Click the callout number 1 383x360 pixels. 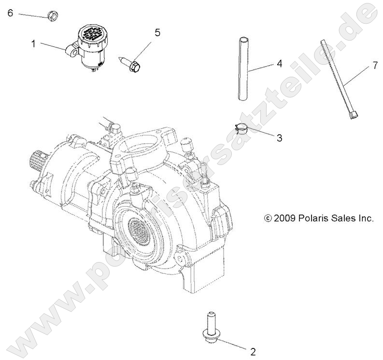(34, 44)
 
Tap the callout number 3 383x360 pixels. (279, 138)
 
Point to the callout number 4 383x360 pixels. (279, 64)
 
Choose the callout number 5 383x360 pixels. (157, 33)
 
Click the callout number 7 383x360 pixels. (375, 66)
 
